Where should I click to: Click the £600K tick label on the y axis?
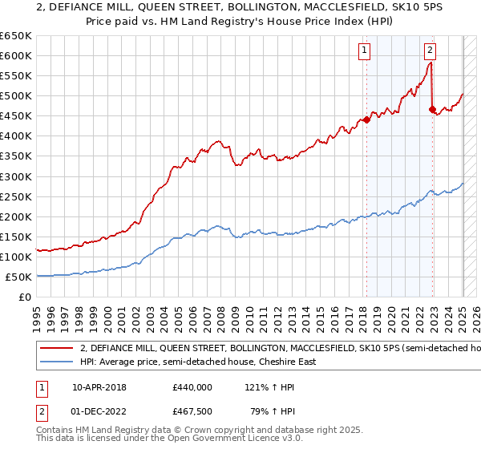tap(16, 55)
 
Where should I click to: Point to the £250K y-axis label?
tap(16, 196)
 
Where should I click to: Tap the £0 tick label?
tap(24, 297)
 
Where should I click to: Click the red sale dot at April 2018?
tap(366, 119)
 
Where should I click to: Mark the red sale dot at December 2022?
tap(432, 109)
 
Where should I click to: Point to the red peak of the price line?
tap(430, 64)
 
